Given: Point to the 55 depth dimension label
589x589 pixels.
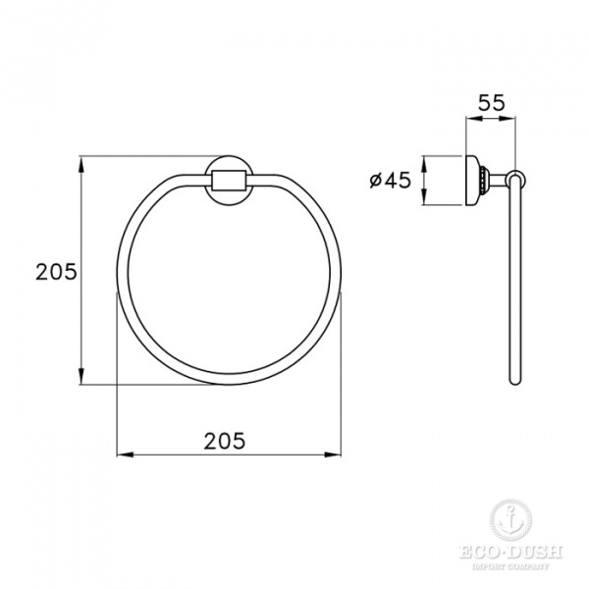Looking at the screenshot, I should [492, 100].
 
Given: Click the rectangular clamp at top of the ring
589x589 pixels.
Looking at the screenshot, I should [229, 181].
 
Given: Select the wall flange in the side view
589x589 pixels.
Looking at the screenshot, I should [475, 180].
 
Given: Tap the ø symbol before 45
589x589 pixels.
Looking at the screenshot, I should [375, 180].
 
